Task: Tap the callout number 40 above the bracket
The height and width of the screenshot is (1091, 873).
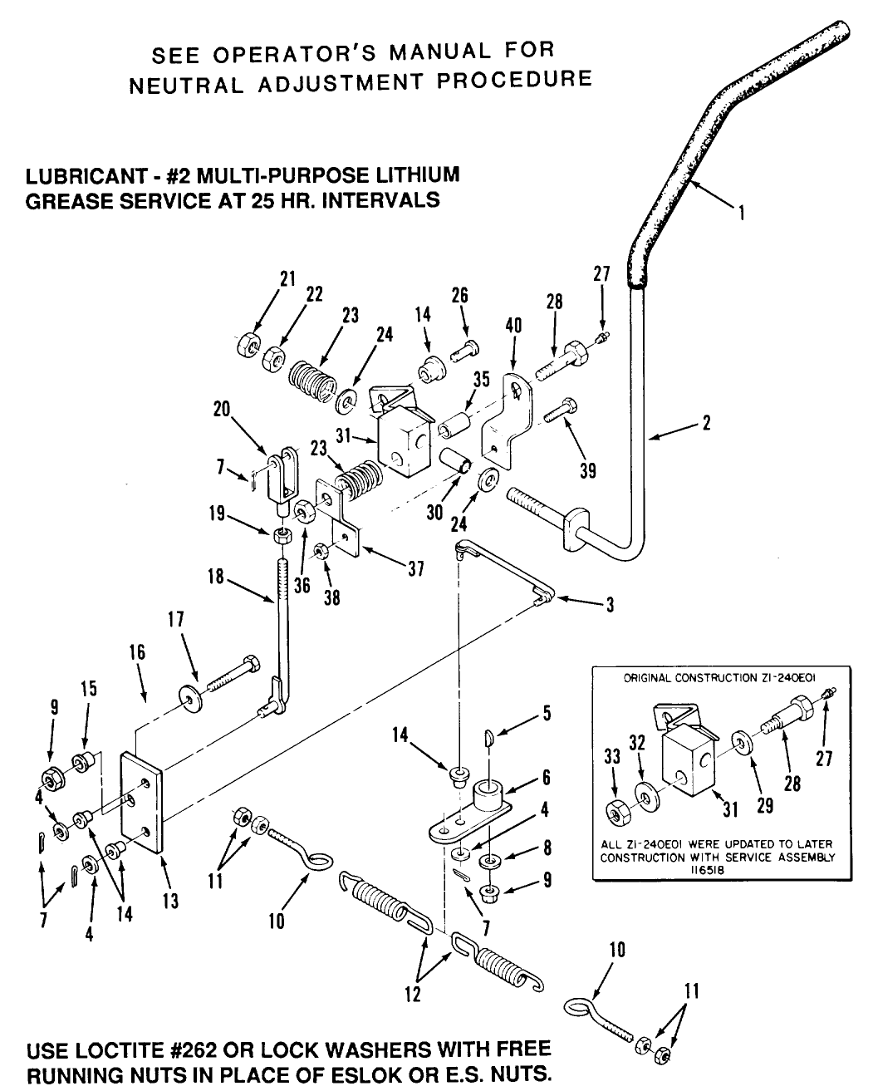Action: pyautogui.click(x=513, y=326)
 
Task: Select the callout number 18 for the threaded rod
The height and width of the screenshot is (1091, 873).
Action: pyautogui.click(x=216, y=576)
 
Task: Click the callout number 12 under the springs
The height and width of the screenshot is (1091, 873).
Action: pyautogui.click(x=413, y=994)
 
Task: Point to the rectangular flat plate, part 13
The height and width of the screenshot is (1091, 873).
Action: pyautogui.click(x=142, y=802)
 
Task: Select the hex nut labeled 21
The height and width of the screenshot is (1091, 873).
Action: pyautogui.click(x=247, y=342)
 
